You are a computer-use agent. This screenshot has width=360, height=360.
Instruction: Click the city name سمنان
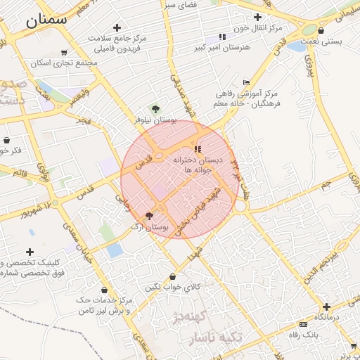pyautogui.click(x=47, y=20)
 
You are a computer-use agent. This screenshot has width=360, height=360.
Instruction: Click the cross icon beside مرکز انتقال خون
pyautogui.click(x=258, y=16)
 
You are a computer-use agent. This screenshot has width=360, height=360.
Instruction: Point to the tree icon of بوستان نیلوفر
pyautogui.click(x=155, y=109)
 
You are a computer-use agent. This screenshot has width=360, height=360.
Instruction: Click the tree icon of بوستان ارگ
pyautogui.click(x=149, y=216)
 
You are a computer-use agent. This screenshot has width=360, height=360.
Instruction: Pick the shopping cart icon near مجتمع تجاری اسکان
pyautogui.click(x=64, y=52)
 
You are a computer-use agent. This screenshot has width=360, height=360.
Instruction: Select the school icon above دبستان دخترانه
pyautogui.click(x=198, y=149)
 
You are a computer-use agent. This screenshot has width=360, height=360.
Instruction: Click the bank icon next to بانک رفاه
pyautogui.click(x=303, y=324)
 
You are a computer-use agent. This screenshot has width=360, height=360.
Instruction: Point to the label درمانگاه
pyautogui.click(x=327, y=317)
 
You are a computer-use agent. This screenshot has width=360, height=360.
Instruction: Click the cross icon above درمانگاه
pyautogui.click(x=326, y=307)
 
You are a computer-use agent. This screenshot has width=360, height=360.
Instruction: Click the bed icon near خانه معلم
pyautogui.click(x=245, y=83)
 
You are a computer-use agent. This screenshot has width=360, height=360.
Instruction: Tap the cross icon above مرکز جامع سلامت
pyautogui.click(x=117, y=27)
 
